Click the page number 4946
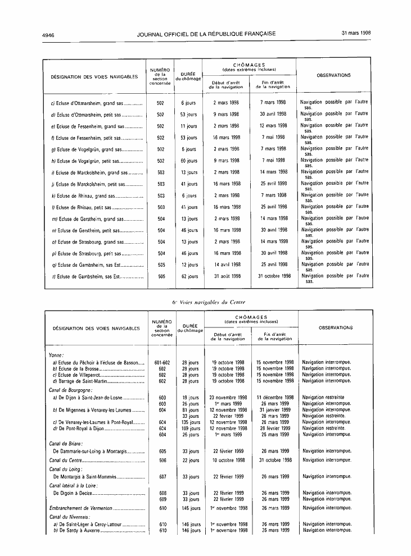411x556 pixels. coord(48,34)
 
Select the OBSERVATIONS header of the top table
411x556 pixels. coord(333,75)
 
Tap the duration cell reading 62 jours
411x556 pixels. coord(189,276)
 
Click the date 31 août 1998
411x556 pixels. coord(227,276)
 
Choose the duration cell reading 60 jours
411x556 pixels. coord(189,161)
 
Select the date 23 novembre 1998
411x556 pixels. coord(228,397)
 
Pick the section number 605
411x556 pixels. coord(162,450)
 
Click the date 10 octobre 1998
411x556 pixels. coord(228,460)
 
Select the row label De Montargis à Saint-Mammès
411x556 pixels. coord(84,476)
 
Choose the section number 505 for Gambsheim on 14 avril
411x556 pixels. coord(161,264)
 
